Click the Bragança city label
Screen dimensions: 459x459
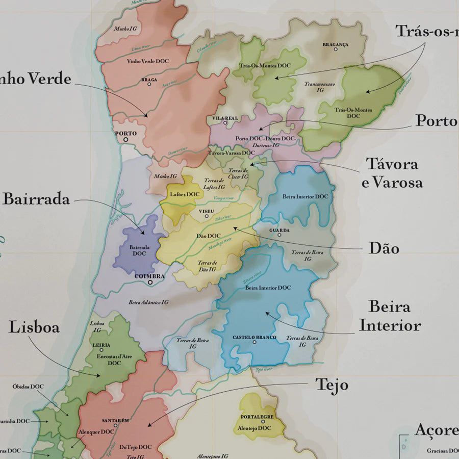point(335,45)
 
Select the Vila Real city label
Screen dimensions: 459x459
point(225,118)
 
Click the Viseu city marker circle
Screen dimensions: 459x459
point(207,216)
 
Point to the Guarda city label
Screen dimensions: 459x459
point(279,230)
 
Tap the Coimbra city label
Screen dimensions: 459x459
point(149,276)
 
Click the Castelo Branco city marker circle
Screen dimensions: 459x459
point(254,342)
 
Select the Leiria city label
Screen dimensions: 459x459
point(101,345)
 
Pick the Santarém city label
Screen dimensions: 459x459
point(115,421)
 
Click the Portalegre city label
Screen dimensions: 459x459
point(257,417)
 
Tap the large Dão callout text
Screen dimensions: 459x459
point(384,249)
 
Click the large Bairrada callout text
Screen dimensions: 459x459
point(36,199)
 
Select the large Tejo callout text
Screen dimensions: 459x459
point(331,385)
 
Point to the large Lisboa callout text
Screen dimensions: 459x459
point(34,327)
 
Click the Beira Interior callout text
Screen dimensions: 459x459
point(389,316)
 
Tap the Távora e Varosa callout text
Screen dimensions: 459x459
point(392,173)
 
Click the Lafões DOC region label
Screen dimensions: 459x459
point(185,194)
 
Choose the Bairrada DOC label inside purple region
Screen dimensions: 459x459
point(139,250)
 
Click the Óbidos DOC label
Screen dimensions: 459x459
point(28,386)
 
